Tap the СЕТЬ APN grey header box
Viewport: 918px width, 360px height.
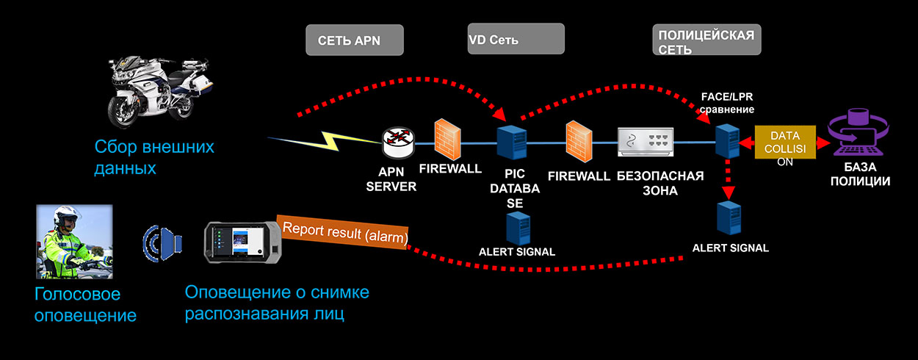(355, 40)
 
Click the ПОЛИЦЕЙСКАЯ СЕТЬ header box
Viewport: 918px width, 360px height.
(706, 40)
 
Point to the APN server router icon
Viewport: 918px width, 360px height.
(398, 140)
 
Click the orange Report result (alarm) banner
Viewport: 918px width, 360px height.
(343, 231)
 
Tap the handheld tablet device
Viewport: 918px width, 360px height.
(245, 241)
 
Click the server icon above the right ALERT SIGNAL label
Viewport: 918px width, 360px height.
(729, 218)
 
